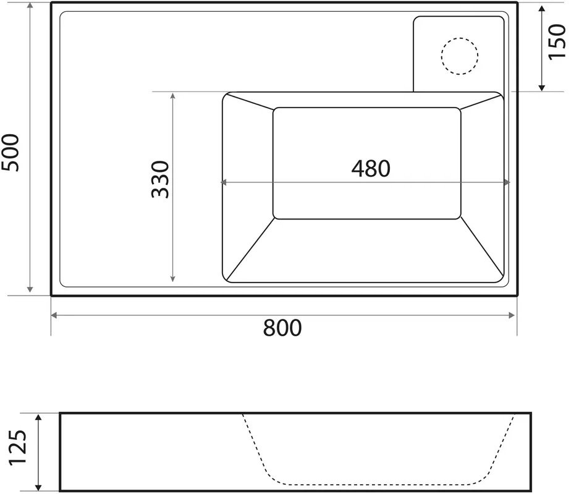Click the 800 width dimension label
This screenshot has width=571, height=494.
(x=282, y=328)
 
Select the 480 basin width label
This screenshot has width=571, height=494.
(x=371, y=168)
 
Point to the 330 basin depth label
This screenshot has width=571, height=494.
(x=159, y=179)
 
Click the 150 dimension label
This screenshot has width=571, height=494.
(x=557, y=40)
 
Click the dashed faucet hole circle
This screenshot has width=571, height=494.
(x=460, y=56)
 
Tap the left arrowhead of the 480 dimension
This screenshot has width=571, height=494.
(x=224, y=182)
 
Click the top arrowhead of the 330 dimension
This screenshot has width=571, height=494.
(x=173, y=96)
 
